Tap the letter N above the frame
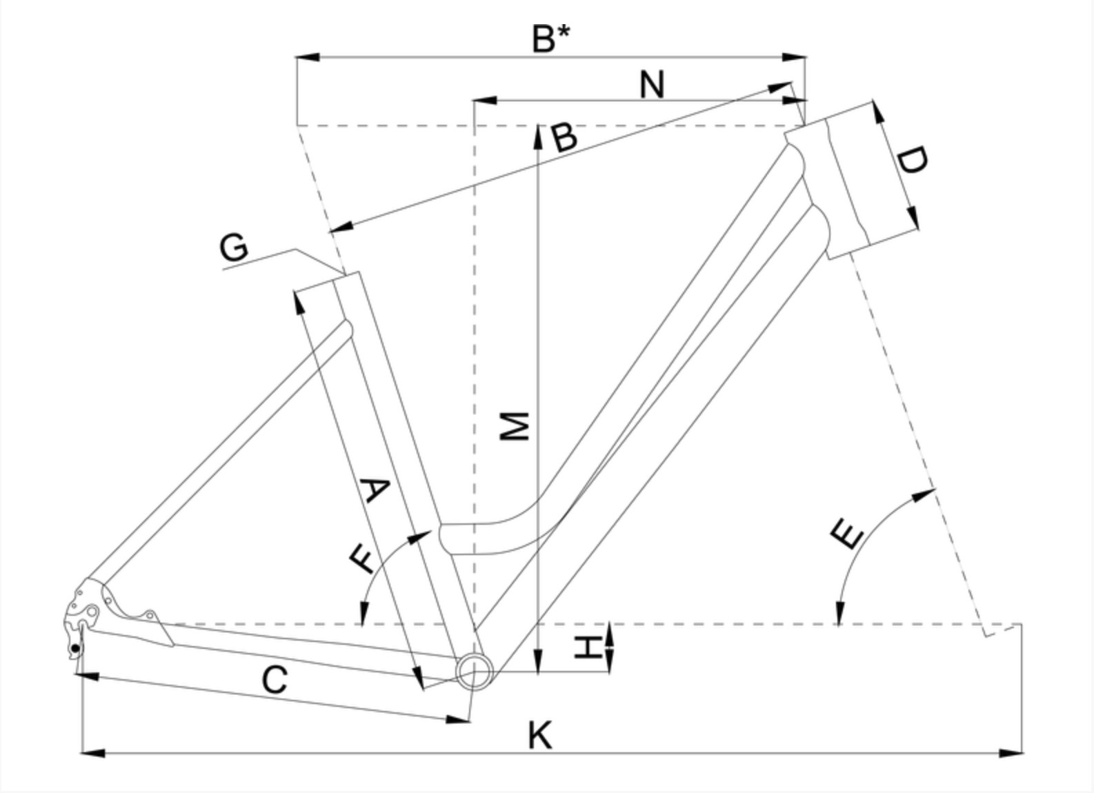coord(652,85)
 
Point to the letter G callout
coord(235,248)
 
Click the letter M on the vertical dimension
coord(515,426)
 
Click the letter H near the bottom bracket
coord(588,648)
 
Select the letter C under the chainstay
coord(275,681)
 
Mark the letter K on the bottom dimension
coord(540,735)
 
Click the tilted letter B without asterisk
coord(565,137)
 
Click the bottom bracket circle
coord(475,670)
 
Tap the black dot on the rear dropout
coord(75,648)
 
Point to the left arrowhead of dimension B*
coord(306,57)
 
